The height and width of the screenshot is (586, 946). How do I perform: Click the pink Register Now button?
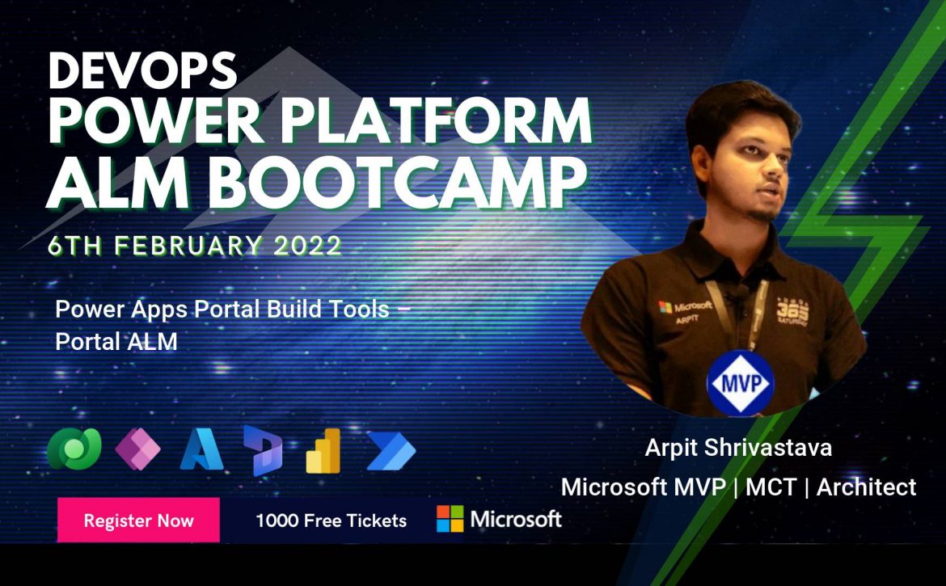click(138, 520)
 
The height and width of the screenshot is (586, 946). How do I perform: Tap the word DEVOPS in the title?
click(143, 70)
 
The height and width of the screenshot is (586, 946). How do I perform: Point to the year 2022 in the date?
click(308, 246)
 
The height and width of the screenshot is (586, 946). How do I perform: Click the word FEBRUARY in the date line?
click(188, 246)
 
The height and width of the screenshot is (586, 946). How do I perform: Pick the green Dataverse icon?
click(74, 449)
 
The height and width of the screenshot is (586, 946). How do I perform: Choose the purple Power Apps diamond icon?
click(137, 449)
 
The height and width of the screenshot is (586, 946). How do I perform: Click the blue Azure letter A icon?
click(201, 449)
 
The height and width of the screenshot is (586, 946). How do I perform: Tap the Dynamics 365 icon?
click(263, 450)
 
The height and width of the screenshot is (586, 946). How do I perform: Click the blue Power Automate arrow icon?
click(391, 450)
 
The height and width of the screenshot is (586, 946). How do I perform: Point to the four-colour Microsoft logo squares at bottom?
click(450, 519)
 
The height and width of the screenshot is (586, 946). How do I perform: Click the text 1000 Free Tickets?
click(332, 521)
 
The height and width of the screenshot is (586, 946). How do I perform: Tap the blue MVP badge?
click(741, 383)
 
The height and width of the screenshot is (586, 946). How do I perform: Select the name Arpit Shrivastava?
click(738, 447)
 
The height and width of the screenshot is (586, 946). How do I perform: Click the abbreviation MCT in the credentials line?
click(771, 487)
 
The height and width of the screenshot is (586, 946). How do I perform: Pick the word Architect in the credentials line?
click(867, 487)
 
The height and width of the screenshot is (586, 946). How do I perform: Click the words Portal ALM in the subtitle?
click(116, 342)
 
